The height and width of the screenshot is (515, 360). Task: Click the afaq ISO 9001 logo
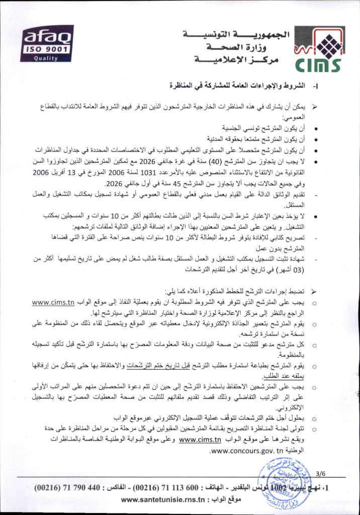pyautogui.click(x=47, y=43)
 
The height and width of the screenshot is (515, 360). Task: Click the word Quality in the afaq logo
pyautogui.click(x=46, y=57)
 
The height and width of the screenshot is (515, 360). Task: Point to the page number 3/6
pyautogui.click(x=321, y=473)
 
